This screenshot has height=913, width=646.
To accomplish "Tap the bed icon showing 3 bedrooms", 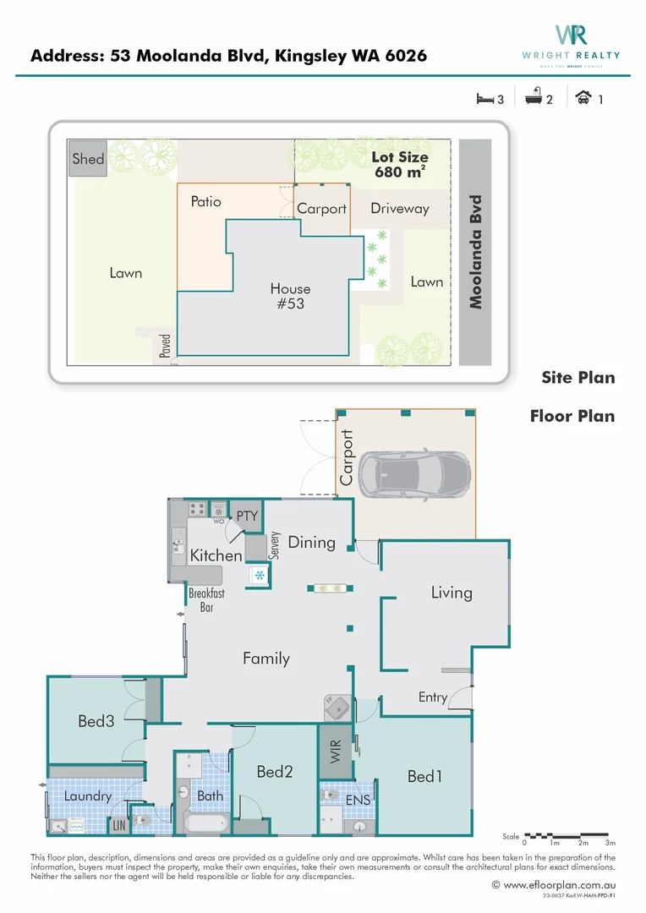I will [484, 99].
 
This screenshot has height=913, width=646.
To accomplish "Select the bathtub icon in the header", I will [534, 99].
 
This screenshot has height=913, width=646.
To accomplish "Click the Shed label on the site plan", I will [88, 159].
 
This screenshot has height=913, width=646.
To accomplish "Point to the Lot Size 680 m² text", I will [400, 164].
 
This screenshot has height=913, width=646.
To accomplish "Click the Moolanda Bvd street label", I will [476, 252].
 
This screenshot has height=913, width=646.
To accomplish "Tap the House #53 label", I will [290, 297].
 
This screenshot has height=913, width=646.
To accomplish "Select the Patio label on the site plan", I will [205, 201].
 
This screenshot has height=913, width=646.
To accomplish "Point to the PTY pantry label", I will [247, 516].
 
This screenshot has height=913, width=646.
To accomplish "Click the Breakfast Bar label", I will [206, 600].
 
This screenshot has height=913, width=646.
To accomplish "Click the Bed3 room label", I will [96, 721].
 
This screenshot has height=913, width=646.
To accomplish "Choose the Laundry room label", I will [87, 795].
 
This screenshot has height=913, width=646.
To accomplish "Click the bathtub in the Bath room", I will [205, 821].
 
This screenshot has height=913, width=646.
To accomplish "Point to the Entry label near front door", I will [433, 697].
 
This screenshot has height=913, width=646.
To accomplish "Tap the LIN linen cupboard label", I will [118, 823].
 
